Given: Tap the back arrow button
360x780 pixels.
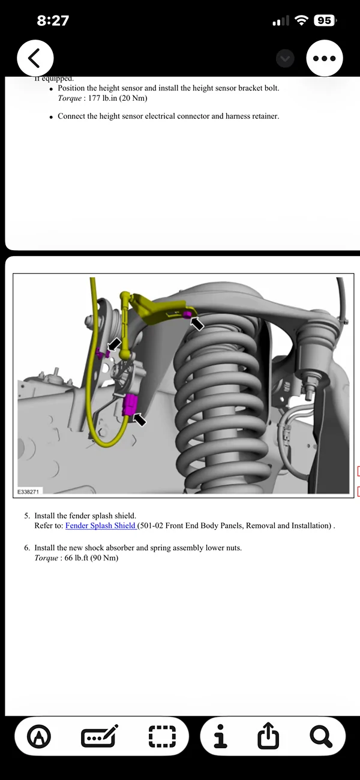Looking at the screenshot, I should coord(35,58).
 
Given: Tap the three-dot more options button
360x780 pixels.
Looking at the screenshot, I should coord(325,58).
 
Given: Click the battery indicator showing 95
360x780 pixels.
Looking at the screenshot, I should coord(324,20).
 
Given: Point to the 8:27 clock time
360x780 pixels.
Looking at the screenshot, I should coord(53,20).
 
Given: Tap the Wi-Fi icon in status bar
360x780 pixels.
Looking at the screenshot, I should coord(301,20).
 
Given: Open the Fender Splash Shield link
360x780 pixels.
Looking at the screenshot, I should coord(101,526).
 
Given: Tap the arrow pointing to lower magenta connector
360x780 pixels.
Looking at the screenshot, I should coord(139,419).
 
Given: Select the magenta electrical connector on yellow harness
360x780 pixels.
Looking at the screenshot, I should coord(129,406).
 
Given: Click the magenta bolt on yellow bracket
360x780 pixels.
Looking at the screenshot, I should coord(188,314).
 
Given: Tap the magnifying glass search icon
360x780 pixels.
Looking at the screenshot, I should coord(320,736).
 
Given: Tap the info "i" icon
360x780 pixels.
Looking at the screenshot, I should coord(220,736).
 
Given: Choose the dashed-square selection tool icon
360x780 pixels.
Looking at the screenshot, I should coord(162,736).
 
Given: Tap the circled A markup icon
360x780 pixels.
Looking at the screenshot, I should coord(39,736).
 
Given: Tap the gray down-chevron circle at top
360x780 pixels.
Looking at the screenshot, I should coord(286,58).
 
